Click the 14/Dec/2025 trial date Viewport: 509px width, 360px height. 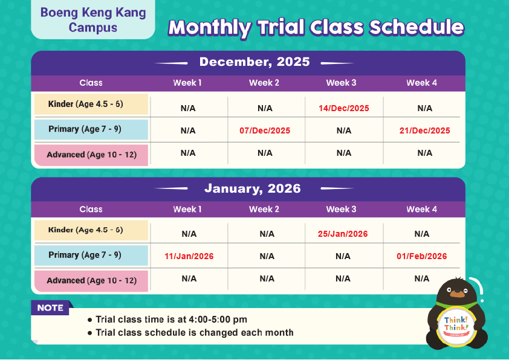click(x=343, y=109)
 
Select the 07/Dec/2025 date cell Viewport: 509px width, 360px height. click(x=265, y=130)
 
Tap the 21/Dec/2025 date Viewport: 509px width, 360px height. click(x=424, y=130)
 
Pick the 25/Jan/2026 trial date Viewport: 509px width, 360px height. click(x=342, y=234)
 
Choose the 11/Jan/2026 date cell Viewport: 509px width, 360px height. click(x=189, y=256)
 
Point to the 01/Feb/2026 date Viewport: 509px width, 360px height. click(x=421, y=256)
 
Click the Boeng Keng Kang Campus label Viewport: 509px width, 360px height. click(x=92, y=20)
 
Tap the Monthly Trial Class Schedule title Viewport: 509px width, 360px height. click(x=316, y=27)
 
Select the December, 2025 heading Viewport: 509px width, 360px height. click(x=254, y=62)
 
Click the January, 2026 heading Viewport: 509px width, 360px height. click(x=252, y=188)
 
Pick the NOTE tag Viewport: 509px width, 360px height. click(x=50, y=308)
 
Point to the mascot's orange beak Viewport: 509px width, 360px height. click(x=458, y=294)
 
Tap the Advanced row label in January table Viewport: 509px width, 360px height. click(x=91, y=281)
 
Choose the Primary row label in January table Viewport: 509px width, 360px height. click(x=91, y=256)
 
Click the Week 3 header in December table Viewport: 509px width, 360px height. click(x=341, y=83)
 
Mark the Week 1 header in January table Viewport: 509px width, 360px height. click(x=187, y=209)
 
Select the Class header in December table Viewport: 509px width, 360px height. click(x=91, y=83)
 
